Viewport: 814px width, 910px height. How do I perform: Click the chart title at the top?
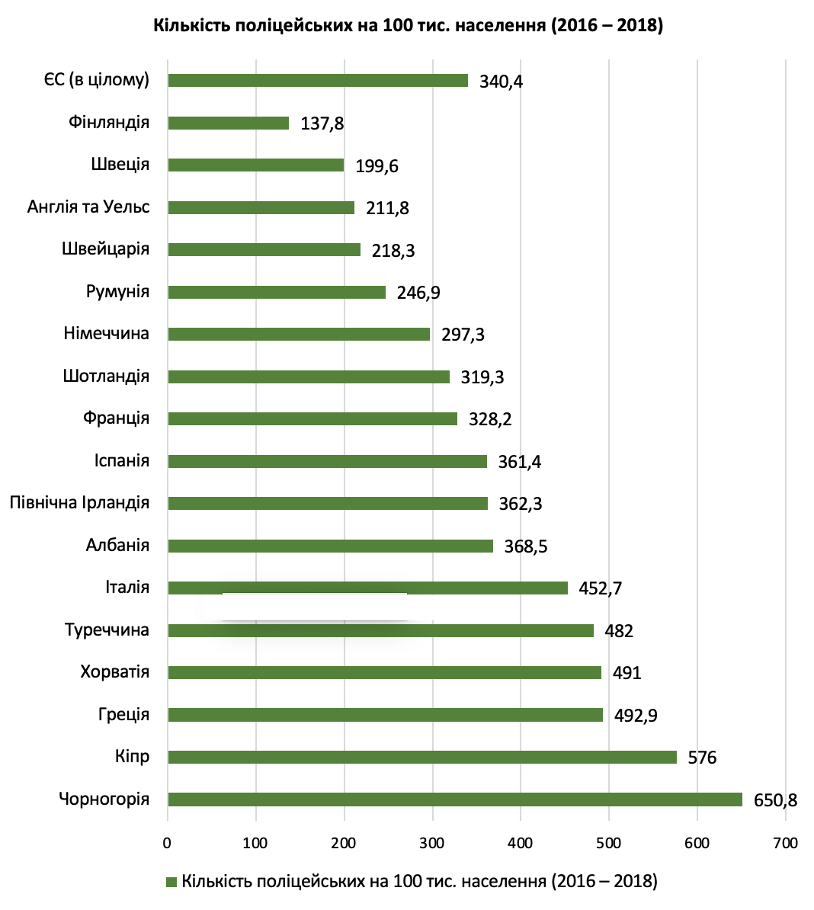[409, 26]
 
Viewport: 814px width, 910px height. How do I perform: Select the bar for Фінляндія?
[228, 123]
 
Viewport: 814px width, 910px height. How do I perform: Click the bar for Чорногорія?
[454, 799]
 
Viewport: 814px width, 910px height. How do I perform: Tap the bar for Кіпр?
[421, 757]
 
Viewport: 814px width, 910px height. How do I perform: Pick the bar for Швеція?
[255, 165]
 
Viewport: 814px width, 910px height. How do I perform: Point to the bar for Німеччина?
[298, 334]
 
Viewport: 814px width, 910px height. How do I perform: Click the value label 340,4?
[501, 82]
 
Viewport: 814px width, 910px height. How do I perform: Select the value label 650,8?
[775, 800]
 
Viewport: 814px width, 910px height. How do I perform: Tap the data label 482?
[619, 631]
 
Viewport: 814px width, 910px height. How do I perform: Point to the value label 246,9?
[418, 293]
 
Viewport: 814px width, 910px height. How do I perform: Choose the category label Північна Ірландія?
[79, 503]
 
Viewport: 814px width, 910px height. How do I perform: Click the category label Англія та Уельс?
[88, 207]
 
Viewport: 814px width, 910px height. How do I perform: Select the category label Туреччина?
[107, 630]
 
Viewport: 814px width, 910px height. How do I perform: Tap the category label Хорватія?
[114, 672]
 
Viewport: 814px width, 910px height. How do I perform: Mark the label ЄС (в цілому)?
[96, 80]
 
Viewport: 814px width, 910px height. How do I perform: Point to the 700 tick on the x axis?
[785, 843]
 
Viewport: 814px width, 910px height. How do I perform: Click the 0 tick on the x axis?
[167, 843]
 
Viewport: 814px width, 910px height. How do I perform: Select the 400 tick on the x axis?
[521, 843]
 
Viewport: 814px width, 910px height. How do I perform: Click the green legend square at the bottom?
[171, 882]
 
